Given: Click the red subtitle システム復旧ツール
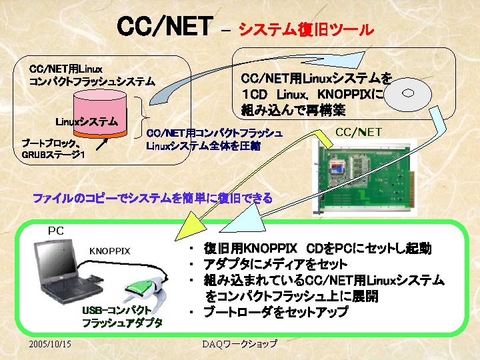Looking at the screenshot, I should tap(306, 29).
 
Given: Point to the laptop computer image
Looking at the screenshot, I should tap(63, 270).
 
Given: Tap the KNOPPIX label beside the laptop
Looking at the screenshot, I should tap(110, 251).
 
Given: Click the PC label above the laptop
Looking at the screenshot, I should tap(56, 231).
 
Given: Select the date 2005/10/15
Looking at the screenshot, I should tap(52, 343).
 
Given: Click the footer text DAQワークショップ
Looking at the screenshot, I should tap(240, 344).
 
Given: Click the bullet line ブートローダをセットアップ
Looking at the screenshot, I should tap(276, 312).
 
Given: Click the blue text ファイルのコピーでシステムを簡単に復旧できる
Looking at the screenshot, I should tap(153, 198).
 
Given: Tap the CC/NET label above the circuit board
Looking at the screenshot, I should tap(358, 132).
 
